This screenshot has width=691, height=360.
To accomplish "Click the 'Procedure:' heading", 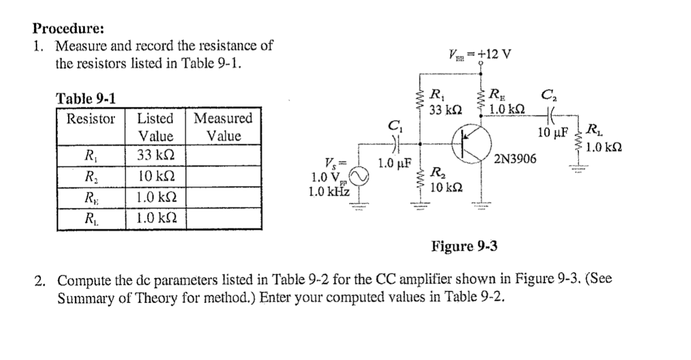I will point(61,28).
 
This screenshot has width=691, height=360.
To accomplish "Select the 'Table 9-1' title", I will point(86,98).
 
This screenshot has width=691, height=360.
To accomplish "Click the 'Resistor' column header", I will point(91,119).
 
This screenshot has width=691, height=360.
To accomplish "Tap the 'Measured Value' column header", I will point(223,128).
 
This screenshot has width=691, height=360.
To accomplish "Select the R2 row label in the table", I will point(91,176).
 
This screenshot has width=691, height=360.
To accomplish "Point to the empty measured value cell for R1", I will point(223,155).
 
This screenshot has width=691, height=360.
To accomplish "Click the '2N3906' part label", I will point(516,158).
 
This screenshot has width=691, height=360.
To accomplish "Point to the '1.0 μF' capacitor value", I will point(395,163).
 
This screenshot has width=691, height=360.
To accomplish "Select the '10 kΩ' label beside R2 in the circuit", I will point(445,187).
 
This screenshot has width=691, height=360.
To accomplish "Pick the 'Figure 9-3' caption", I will point(464,247).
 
